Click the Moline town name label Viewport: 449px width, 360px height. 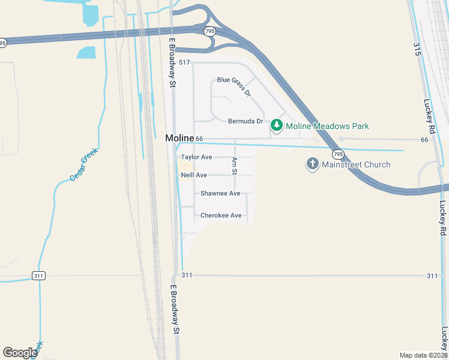point(179,138)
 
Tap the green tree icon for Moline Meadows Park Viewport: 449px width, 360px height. point(277,126)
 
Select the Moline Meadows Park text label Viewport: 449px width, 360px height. point(327,126)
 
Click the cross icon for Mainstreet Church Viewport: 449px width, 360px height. point(312,164)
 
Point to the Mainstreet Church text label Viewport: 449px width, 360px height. point(356,164)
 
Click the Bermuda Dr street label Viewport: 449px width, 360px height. point(246,121)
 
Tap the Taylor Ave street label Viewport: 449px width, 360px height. point(196,157)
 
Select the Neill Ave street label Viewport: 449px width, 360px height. point(194,175)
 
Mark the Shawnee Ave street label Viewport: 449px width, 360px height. point(220,193)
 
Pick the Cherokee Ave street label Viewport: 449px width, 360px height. point(221,215)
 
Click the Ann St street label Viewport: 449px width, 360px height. point(235,166)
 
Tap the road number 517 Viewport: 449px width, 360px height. point(184,62)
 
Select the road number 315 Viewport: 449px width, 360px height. point(417,49)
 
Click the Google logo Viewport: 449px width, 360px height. point(19,353)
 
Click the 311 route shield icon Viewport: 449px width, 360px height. point(39,275)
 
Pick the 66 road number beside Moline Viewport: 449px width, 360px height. point(200,139)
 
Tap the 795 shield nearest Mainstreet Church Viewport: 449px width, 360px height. point(339,154)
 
